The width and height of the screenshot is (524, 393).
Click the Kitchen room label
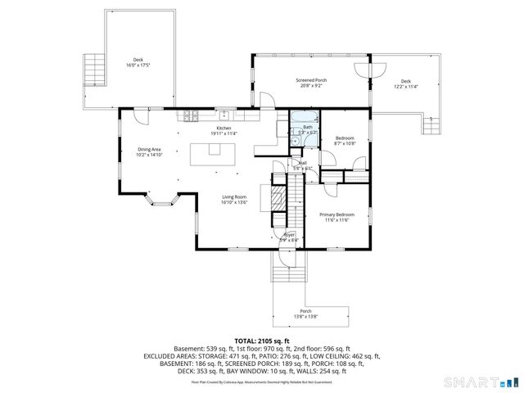224,129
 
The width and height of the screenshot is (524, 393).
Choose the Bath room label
308,128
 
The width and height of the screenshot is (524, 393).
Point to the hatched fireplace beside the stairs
265,198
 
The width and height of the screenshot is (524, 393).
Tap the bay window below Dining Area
159,199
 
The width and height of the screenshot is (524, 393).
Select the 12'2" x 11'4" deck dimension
405,85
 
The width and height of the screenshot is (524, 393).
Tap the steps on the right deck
431,124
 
